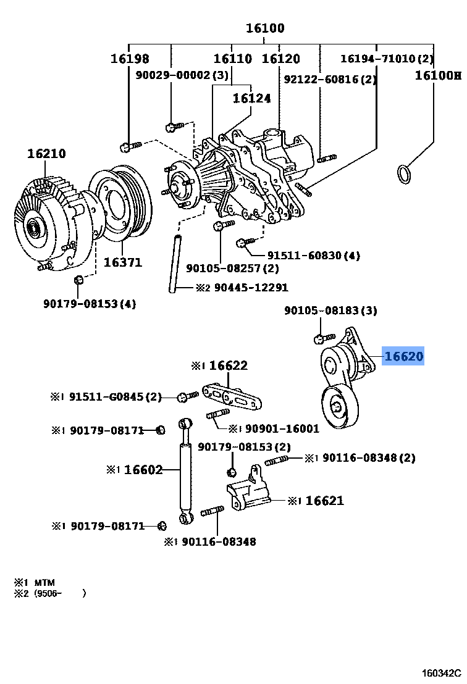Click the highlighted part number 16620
tap(403, 356)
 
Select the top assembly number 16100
tap(265, 28)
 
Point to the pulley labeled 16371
tap(116, 204)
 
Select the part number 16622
tap(227, 365)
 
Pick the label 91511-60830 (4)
tap(313, 255)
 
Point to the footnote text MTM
tap(44, 582)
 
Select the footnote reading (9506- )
tap(59, 593)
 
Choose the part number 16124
tap(251, 98)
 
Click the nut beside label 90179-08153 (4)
tap(78, 281)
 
